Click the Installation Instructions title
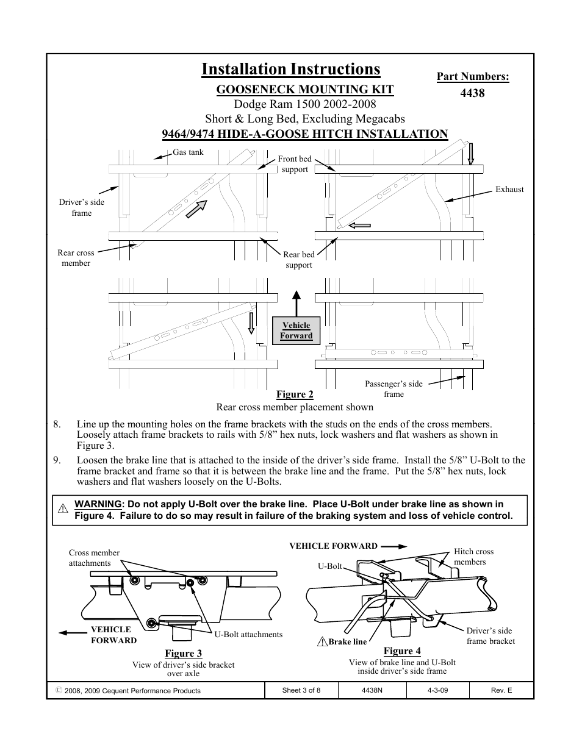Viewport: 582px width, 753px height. (290, 70)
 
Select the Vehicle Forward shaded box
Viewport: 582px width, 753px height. (296, 330)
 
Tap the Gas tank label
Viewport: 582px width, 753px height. (188, 152)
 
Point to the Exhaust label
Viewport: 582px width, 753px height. (509, 190)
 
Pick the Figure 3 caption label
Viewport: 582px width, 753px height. (183, 654)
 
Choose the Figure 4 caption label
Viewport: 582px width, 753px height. (402, 651)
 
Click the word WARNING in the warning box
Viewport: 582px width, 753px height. (98, 504)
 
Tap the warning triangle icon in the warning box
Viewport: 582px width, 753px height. (62, 509)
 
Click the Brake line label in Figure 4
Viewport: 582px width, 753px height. (347, 641)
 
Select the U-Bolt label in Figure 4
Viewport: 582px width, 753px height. (329, 566)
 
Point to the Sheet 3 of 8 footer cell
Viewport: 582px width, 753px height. (301, 691)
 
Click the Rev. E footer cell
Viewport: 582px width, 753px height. (501, 691)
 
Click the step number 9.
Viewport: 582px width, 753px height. (57, 460)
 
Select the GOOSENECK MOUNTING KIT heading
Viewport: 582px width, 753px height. (305, 90)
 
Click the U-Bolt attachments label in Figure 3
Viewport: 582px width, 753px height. (248, 635)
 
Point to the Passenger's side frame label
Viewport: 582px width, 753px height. (393, 389)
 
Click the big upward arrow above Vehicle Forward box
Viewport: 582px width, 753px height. (296, 302)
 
